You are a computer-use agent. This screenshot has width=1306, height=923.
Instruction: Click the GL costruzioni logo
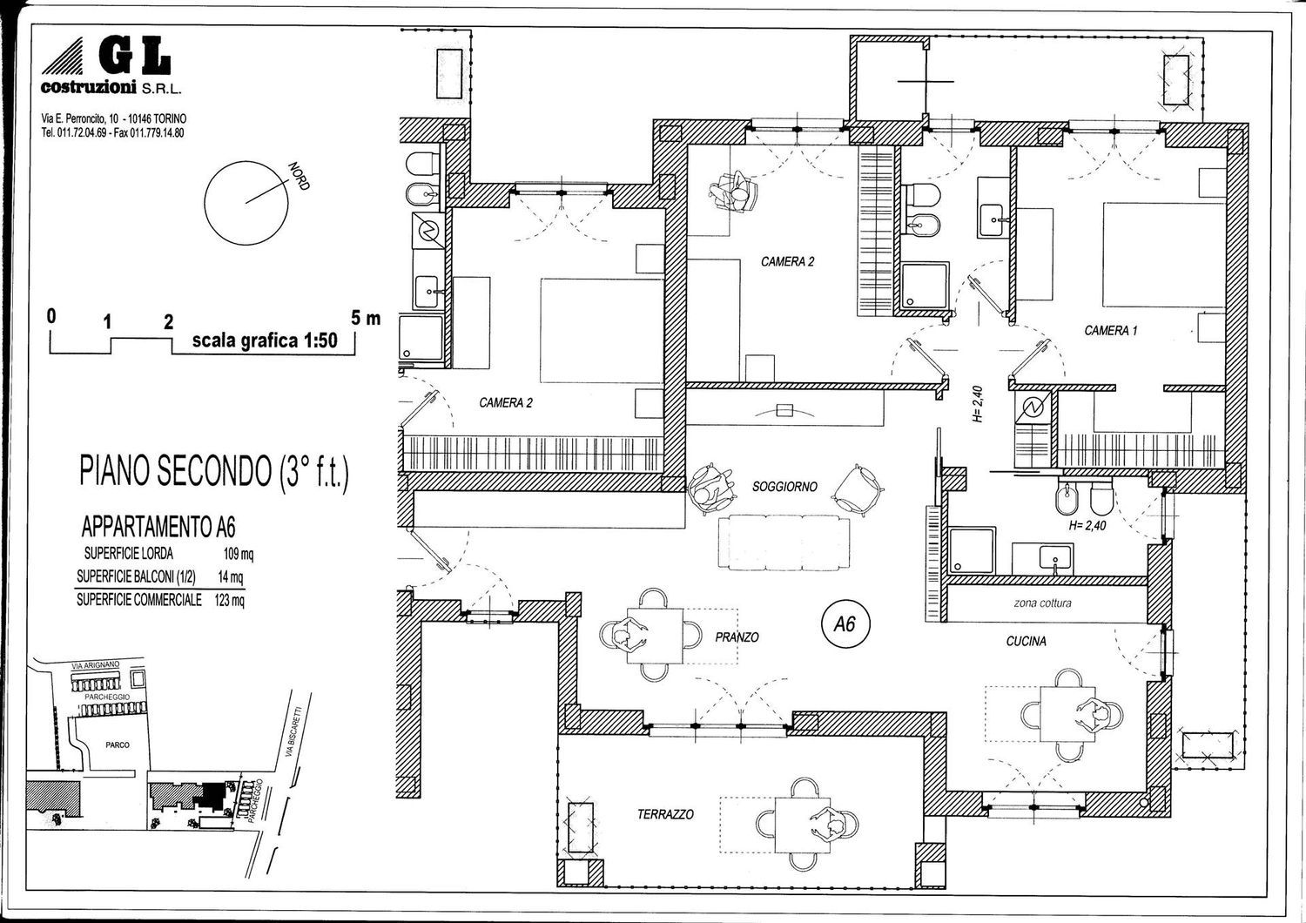coord(111,66)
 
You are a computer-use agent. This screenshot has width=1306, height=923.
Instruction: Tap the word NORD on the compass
coord(300,176)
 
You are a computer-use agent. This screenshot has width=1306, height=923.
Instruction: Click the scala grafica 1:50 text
coord(265,340)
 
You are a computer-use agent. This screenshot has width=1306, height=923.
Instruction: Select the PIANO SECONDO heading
coord(214,472)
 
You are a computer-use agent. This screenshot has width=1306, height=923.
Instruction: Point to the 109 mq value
coord(239,554)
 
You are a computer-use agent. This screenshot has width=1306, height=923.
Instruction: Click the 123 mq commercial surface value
coord(230,600)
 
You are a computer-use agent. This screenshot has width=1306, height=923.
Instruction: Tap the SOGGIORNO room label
coord(784,486)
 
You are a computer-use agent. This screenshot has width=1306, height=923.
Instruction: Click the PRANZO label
coord(737,637)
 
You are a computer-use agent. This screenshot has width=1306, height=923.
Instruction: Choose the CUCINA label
coord(1027,642)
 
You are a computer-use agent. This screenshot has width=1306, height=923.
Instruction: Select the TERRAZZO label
coord(665,814)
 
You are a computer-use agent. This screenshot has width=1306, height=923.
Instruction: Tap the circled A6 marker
coord(845,625)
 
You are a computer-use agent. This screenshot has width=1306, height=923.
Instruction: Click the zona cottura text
coord(1042,603)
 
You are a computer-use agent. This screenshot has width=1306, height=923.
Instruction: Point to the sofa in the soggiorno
coord(784,542)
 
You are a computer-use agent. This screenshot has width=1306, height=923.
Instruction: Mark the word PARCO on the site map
coord(118,745)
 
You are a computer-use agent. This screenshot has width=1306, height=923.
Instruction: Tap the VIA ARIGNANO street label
coord(96,665)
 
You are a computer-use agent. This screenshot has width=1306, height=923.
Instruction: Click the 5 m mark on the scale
coord(366,319)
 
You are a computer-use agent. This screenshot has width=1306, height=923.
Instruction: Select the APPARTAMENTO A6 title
coord(158,527)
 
